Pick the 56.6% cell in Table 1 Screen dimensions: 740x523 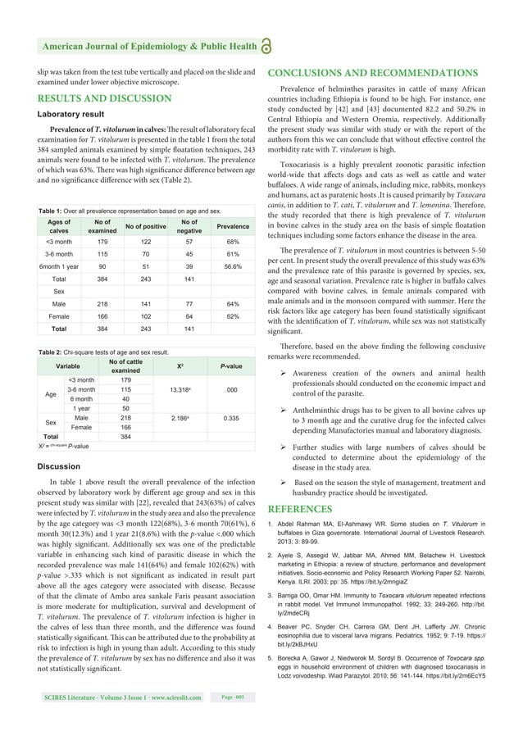point(233,266)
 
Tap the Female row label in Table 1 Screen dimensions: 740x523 point(59,316)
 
